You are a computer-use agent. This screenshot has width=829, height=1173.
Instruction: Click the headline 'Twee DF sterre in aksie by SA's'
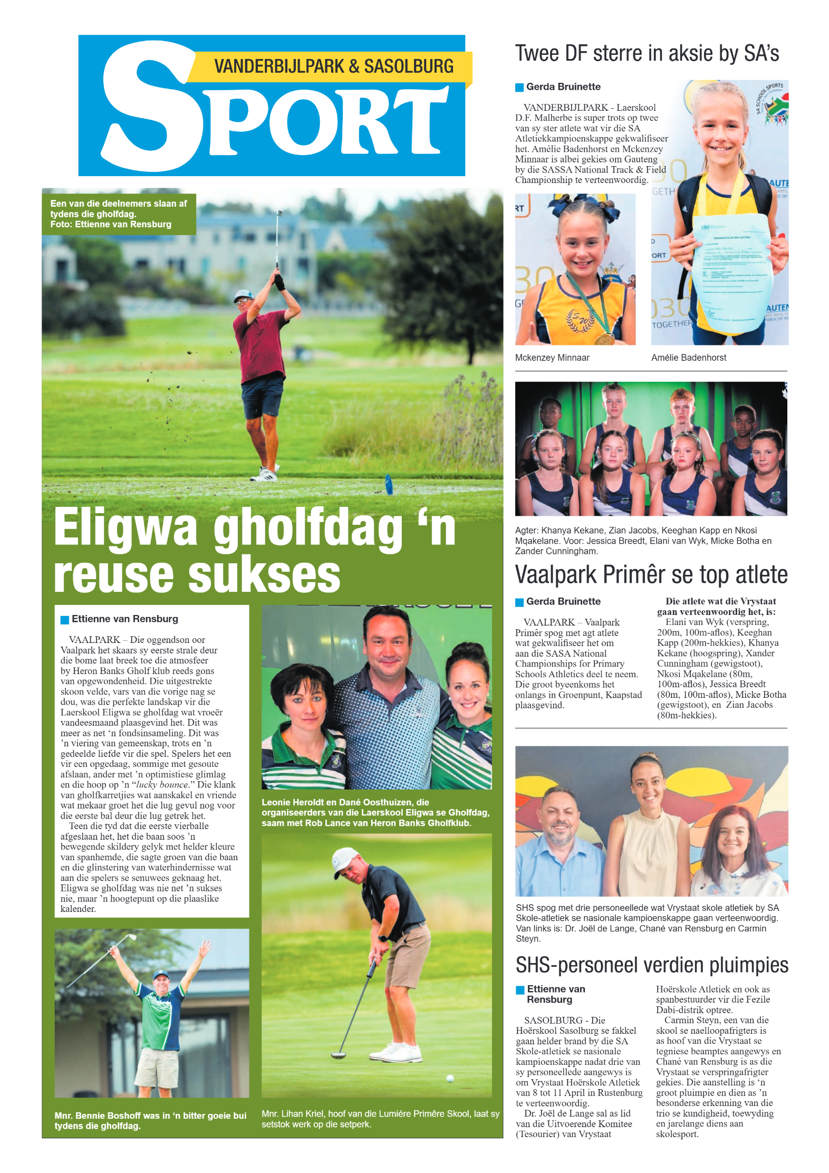[x=647, y=54]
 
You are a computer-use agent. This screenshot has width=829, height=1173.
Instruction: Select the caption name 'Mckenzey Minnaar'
[x=552, y=358]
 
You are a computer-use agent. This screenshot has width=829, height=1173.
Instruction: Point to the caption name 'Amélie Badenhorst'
[x=688, y=358]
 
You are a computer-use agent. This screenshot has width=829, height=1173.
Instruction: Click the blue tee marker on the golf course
[x=389, y=484]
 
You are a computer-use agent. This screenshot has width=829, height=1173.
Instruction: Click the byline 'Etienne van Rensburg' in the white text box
[x=125, y=619]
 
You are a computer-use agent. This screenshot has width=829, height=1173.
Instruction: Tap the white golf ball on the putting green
[x=450, y=1078]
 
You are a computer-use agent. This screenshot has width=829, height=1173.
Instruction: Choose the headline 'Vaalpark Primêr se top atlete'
[x=651, y=575]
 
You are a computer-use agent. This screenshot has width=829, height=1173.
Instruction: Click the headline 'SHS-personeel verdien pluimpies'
[x=652, y=965]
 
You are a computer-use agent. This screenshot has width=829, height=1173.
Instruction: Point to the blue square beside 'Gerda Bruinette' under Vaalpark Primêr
[x=519, y=602]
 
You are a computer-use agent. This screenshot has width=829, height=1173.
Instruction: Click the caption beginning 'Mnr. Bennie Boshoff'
[x=150, y=1120]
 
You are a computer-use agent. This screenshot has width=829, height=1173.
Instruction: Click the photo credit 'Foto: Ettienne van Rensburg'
[x=111, y=224]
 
